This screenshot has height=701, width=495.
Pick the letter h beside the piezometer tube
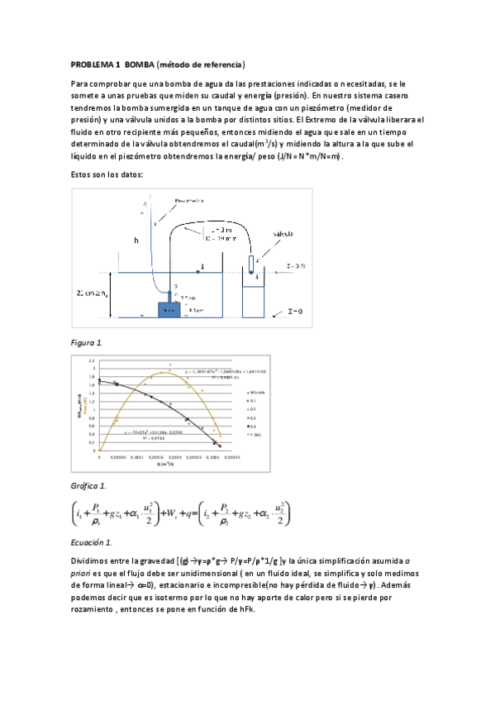[137, 241]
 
